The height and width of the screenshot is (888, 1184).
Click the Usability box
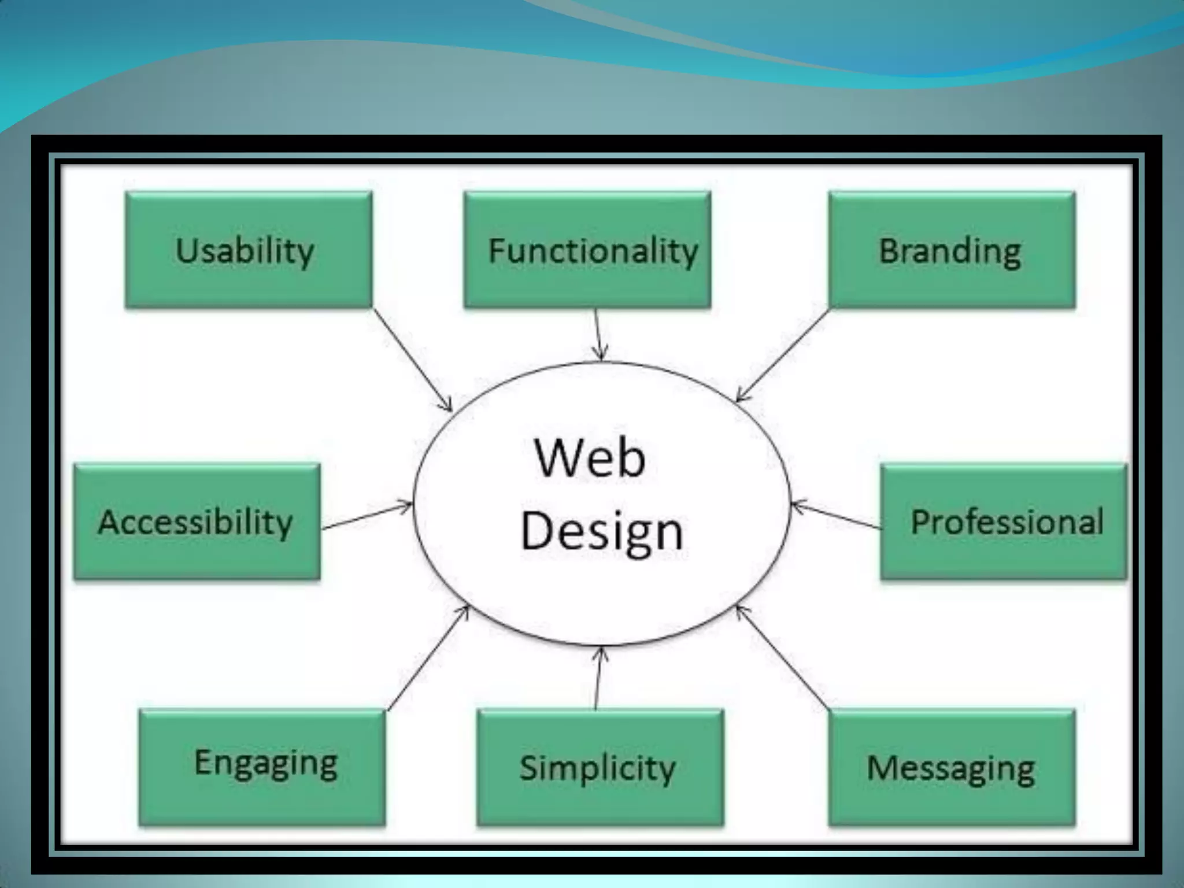(249, 250)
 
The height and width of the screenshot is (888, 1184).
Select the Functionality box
(587, 250)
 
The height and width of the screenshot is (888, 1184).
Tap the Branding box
(952, 250)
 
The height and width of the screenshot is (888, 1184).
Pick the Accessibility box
(197, 521)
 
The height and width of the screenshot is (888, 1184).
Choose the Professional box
(1004, 521)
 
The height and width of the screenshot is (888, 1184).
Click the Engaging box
(262, 767)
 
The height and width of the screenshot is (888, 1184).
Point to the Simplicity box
(600, 767)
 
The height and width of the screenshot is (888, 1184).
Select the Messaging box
(952, 767)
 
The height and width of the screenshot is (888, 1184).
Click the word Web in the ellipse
(590, 458)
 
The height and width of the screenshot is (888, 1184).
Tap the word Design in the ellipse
(601, 532)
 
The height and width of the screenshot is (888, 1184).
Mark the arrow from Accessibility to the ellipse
(367, 516)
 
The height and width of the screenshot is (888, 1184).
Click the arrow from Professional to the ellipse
(836, 516)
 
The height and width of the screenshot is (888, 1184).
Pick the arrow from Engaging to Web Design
(428, 657)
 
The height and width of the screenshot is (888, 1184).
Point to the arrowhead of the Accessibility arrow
(406, 505)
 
